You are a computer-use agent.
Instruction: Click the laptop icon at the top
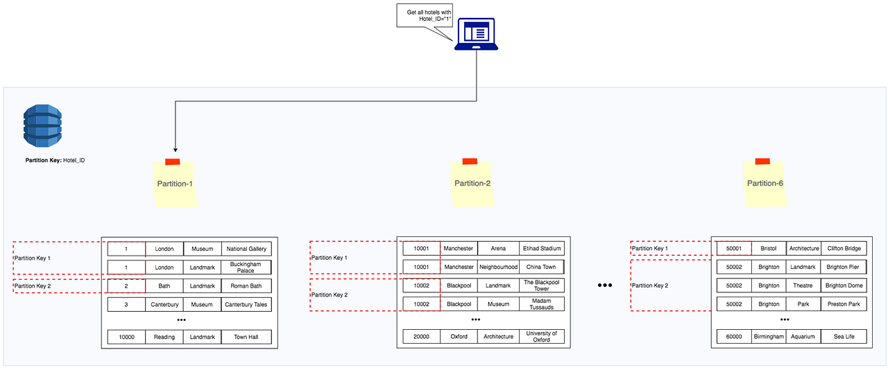[x=476, y=34]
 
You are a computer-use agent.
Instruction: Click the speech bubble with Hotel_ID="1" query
[x=424, y=15]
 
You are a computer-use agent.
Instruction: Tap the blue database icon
[x=42, y=125]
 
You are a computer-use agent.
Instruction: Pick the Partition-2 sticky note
[x=472, y=183]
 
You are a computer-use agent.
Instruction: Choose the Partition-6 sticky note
[x=765, y=183]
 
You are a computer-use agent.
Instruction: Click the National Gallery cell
[x=246, y=249]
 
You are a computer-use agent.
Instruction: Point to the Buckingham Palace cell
[x=246, y=267]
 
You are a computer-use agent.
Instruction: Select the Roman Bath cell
[x=246, y=285]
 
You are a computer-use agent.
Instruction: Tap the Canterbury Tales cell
[x=246, y=304]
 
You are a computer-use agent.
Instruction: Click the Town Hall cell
[x=246, y=337]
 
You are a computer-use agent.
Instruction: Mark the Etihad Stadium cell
[x=542, y=248]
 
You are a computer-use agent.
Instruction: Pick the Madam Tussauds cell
[x=542, y=304]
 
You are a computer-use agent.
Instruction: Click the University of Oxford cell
[x=542, y=337]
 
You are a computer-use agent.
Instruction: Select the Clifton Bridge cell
[x=844, y=248]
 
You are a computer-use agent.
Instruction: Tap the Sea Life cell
[x=844, y=337]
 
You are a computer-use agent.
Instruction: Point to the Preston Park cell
[x=844, y=304]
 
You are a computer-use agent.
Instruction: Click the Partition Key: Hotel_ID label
[x=55, y=160]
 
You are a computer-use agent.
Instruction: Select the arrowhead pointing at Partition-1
[x=175, y=149]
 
